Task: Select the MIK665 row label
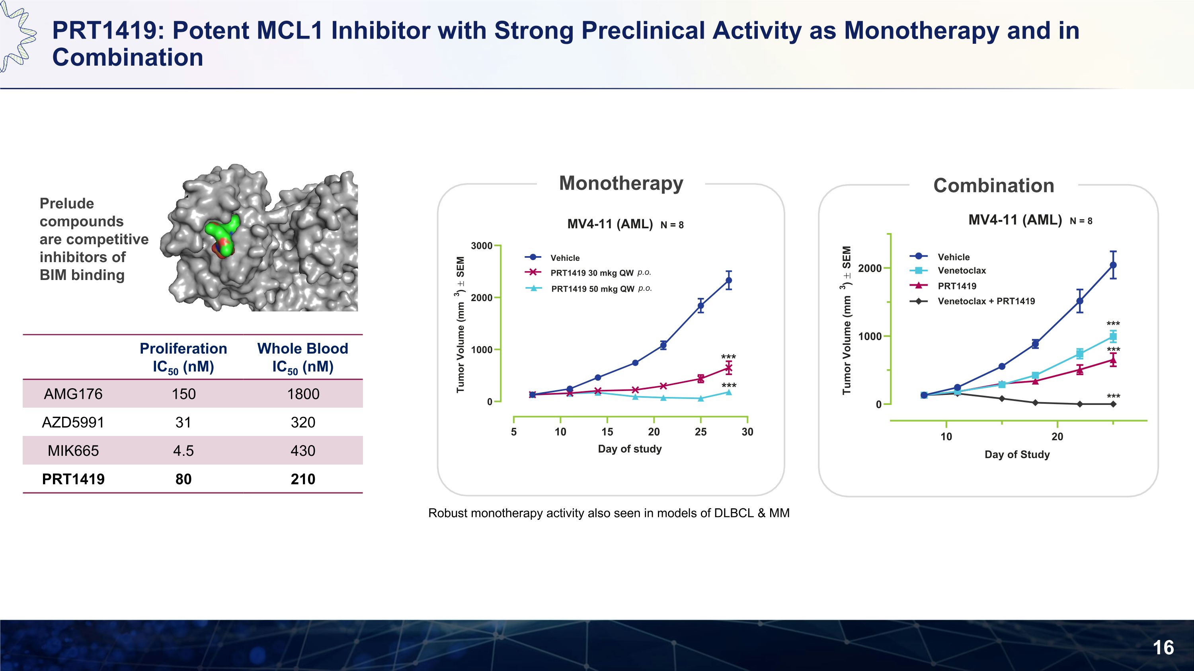coord(73,451)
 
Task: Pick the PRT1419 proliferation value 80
coord(183,479)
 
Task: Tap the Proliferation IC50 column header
coord(183,358)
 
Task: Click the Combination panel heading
coord(993,186)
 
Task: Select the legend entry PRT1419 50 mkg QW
coord(592,289)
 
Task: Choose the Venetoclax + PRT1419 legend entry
coord(986,301)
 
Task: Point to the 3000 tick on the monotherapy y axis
coord(482,246)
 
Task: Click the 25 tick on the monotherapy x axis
coord(700,432)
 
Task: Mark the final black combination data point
coord(1113,404)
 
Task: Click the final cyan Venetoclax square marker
coord(1113,336)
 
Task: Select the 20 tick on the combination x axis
coord(1057,437)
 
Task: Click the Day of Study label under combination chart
coord(1017,455)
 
